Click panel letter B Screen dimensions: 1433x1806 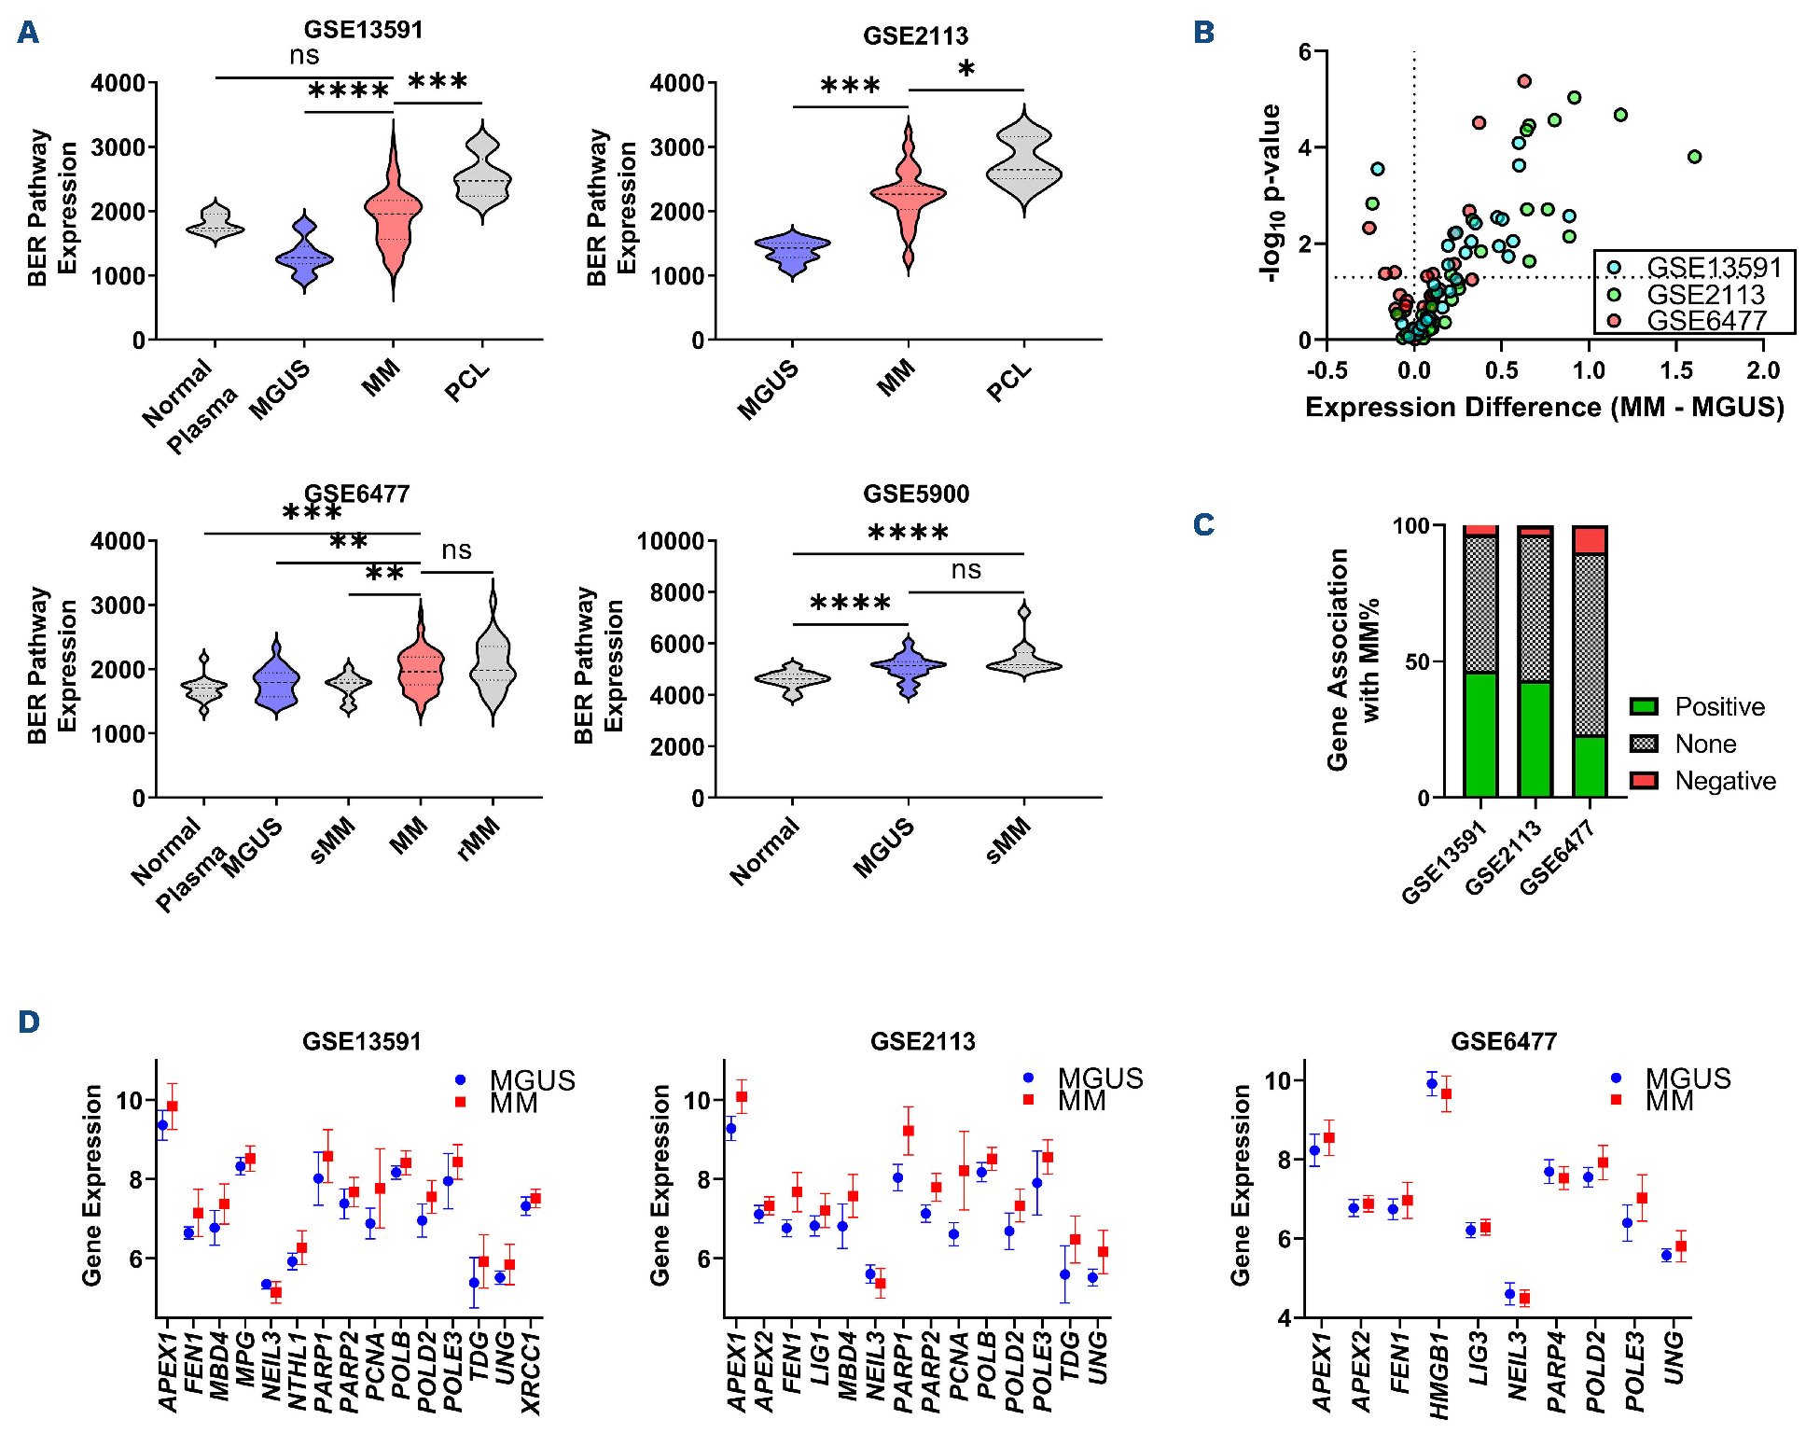tap(1203, 33)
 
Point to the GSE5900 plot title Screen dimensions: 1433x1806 tap(915, 494)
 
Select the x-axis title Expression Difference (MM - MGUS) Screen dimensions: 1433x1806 tap(1544, 408)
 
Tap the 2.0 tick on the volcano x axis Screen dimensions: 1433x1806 tap(1762, 370)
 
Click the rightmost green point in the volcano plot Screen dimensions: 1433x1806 tap(1694, 157)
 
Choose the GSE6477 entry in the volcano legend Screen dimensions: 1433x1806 tap(1706, 321)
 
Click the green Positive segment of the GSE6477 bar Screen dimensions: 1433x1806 tap(1590, 766)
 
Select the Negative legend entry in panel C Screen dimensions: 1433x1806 tap(1725, 781)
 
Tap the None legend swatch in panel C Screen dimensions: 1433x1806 tap(1644, 744)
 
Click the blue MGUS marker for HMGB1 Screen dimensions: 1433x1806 tap(1432, 1084)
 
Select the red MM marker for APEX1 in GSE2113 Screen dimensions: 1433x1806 tap(742, 1096)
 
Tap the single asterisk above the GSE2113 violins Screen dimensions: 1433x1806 tap(966, 69)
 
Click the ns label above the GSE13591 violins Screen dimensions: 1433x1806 tap(304, 56)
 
